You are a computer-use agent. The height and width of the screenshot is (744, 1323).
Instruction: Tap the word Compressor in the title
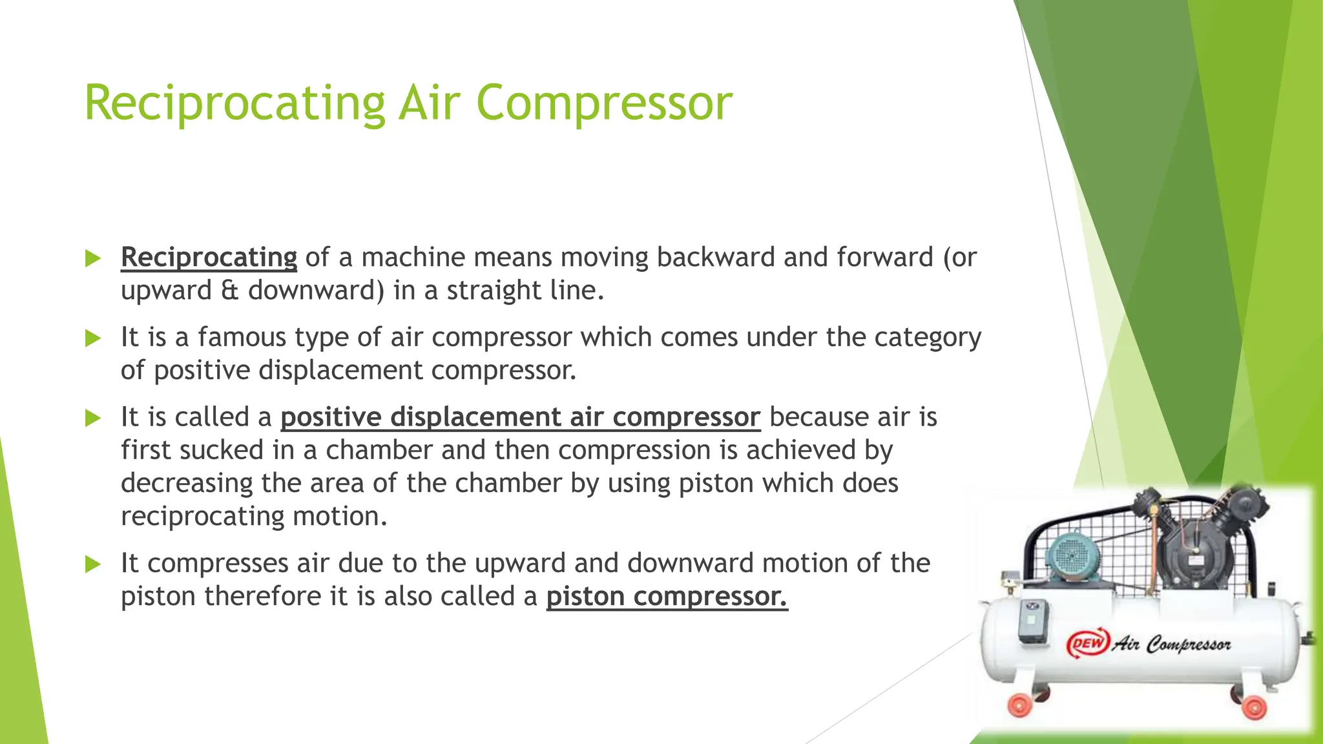pyautogui.click(x=605, y=103)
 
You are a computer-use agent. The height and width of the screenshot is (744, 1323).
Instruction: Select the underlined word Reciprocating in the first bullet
pyautogui.click(x=209, y=257)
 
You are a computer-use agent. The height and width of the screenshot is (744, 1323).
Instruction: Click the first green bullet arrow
pyautogui.click(x=94, y=258)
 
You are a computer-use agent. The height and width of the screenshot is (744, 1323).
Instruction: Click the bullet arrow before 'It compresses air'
pyautogui.click(x=94, y=564)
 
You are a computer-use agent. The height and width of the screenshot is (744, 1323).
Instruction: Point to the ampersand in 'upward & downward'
pyautogui.click(x=229, y=291)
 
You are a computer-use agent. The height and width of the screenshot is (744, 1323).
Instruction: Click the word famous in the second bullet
pyautogui.click(x=242, y=337)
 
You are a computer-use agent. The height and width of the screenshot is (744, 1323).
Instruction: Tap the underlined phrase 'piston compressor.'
pyautogui.click(x=667, y=596)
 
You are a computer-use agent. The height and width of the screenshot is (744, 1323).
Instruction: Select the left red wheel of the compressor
pyautogui.click(x=1021, y=704)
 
